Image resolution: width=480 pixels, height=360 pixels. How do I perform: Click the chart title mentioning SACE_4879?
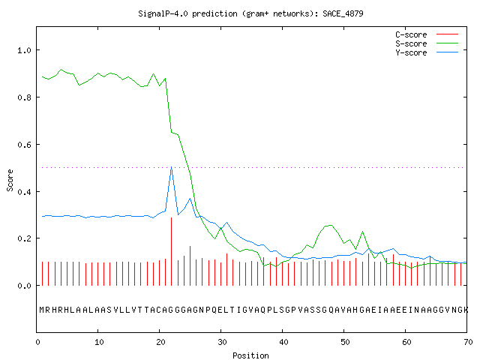(x=250, y=13)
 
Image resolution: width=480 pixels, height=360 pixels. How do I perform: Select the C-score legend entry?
(x=427, y=34)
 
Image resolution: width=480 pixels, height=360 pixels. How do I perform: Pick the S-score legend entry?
(x=427, y=43)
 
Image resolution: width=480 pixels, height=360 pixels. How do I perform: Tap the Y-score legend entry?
(x=427, y=52)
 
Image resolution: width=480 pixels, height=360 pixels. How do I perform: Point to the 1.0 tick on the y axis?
(x=25, y=50)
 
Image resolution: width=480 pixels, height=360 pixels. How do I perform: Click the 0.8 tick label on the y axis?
(x=25, y=97)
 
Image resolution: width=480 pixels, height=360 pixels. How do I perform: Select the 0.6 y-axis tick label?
(x=25, y=145)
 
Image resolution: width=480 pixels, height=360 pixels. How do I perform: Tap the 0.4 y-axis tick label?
(x=25, y=192)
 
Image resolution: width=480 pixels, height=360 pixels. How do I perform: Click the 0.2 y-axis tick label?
(x=25, y=238)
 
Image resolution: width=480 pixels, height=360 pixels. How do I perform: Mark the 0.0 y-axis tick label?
(x=25, y=286)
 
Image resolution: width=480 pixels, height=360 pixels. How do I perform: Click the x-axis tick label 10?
(x=99, y=342)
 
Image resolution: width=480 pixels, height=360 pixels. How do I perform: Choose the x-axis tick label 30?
(x=222, y=342)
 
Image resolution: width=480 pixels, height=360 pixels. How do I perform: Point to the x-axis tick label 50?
(x=345, y=342)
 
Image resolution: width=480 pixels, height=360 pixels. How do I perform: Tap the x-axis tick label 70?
(x=468, y=342)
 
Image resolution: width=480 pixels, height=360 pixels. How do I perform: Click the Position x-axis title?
(x=250, y=355)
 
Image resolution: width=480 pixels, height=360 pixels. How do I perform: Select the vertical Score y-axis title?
(x=10, y=180)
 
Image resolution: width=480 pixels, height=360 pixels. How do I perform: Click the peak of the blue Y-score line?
(x=172, y=167)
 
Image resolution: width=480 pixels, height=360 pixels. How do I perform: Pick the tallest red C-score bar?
(x=172, y=251)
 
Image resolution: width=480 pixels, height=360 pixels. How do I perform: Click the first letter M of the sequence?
(x=42, y=310)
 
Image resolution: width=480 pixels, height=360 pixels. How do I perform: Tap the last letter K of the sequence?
(x=466, y=310)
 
